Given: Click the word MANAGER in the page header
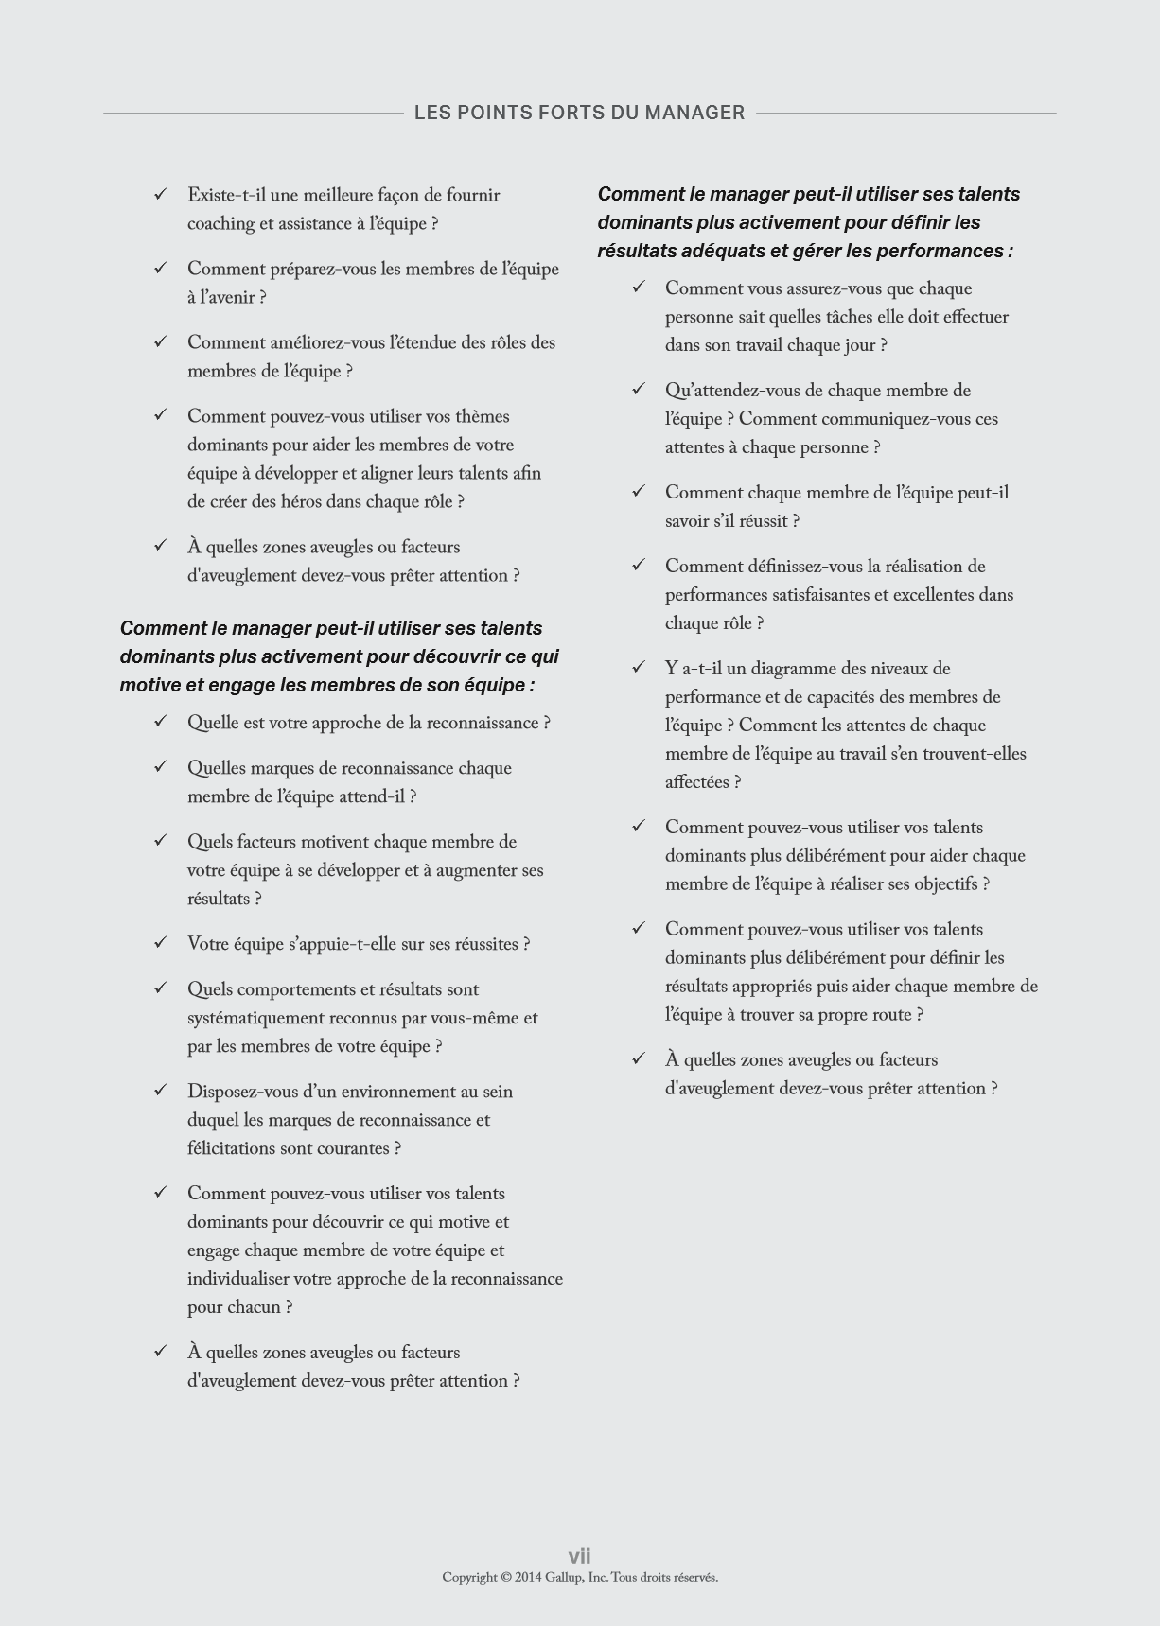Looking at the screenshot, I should click(694, 113).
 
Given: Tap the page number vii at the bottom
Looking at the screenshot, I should click(579, 1556).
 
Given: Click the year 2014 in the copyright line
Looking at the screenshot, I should click(528, 1577).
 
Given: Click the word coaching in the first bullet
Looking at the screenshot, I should click(221, 224).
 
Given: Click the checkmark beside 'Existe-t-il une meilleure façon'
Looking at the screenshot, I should click(161, 194).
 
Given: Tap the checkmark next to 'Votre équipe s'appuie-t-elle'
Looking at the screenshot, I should click(161, 943).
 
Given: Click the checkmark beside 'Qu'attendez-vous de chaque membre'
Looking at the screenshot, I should click(639, 389).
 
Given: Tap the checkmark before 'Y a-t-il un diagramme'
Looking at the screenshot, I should click(639, 667).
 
